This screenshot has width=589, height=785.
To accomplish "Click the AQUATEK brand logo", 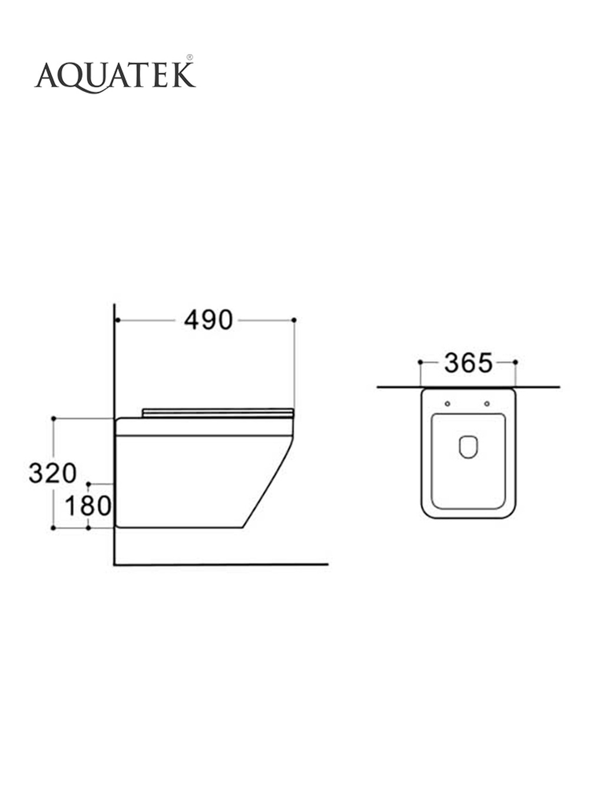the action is click(115, 76).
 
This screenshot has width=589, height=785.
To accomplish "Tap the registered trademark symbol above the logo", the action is click(190, 57).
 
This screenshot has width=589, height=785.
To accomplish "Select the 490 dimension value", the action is click(208, 320).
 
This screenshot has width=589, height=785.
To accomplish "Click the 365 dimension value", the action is click(468, 363).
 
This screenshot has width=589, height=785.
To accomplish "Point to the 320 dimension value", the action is click(52, 473).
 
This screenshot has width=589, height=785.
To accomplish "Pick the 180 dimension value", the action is click(88, 506).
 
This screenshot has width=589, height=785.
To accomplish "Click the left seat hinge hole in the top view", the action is click(448, 404).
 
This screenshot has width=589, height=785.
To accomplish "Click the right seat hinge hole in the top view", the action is click(487, 404).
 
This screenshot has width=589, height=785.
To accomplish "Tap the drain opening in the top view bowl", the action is click(468, 447).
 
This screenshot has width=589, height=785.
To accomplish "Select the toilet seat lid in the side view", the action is click(218, 413).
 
